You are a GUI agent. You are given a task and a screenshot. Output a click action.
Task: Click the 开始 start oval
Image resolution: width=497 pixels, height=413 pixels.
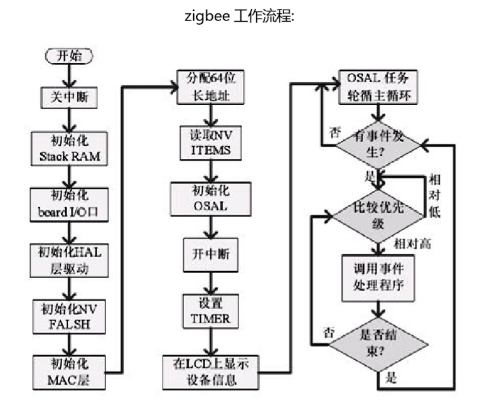tap(69, 55)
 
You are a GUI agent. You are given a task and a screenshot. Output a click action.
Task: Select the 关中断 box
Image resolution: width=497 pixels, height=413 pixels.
tap(69, 97)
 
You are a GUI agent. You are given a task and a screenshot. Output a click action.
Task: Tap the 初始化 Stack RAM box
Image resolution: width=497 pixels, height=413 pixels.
tap(69, 149)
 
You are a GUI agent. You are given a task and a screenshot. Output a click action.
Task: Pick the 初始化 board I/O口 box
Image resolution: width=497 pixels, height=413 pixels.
tap(69, 203)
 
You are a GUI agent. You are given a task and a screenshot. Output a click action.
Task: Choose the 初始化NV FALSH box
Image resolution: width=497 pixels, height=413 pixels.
tap(69, 314)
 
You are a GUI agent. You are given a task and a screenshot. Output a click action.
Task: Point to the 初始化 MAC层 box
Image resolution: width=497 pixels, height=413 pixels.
tap(69, 370)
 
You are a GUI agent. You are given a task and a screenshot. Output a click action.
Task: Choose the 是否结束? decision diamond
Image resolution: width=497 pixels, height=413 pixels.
tap(379, 345)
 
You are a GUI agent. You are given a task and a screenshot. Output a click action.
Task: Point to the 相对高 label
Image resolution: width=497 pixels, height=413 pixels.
tap(411, 243)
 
